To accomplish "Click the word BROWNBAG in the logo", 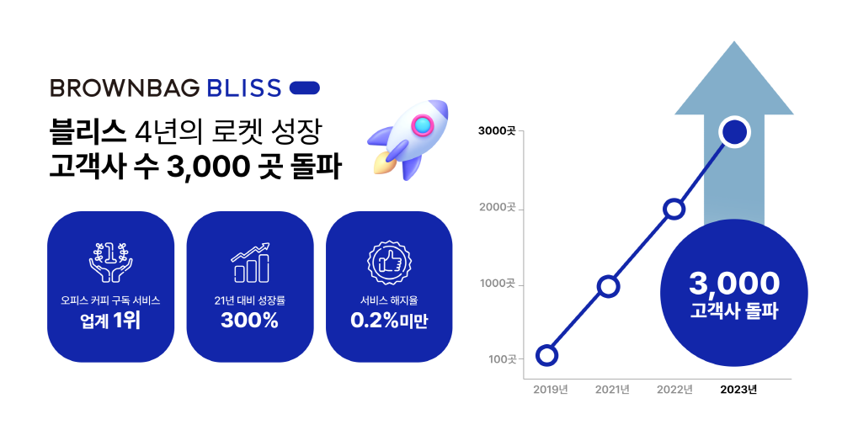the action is (x=125, y=88).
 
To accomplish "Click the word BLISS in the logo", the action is (x=244, y=88).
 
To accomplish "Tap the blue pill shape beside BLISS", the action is (x=305, y=88).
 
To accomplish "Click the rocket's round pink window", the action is (x=423, y=125).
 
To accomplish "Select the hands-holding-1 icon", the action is (x=110, y=263).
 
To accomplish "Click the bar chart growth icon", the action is (x=250, y=263).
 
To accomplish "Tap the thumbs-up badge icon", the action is (x=389, y=263).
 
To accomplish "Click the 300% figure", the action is (x=250, y=321).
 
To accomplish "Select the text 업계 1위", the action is (x=110, y=321).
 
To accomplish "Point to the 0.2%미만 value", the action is (x=389, y=321).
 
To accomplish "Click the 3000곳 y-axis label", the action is (x=497, y=131).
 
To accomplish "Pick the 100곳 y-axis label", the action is (x=502, y=359).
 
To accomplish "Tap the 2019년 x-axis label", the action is (x=551, y=390).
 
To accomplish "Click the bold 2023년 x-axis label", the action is (x=738, y=390).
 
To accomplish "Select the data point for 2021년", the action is (x=608, y=286).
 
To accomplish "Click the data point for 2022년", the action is (x=674, y=209).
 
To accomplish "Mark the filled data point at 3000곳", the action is (x=735, y=131).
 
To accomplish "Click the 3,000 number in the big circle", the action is (x=734, y=284).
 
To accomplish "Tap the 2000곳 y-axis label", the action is (x=498, y=208).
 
